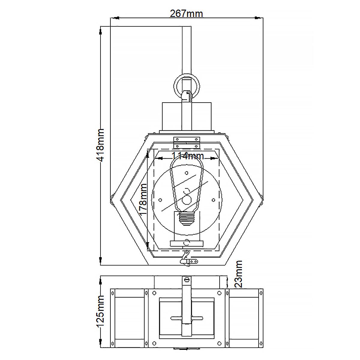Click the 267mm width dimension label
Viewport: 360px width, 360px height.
pos(186,13)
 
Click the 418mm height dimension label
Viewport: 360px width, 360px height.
pos(99,145)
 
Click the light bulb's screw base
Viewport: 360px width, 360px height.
pos(187,218)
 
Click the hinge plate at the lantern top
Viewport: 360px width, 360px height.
pos(187,142)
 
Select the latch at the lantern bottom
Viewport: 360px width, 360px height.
pos(188,260)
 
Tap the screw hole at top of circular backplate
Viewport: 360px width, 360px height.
pos(187,173)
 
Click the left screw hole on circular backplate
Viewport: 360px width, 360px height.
pos(160,199)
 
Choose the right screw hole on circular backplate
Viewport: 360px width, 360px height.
pos(213,199)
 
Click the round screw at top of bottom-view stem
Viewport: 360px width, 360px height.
pos(187,279)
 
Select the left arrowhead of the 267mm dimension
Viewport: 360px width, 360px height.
pos(114,18)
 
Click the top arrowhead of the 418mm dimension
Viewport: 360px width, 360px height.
pos(100,30)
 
